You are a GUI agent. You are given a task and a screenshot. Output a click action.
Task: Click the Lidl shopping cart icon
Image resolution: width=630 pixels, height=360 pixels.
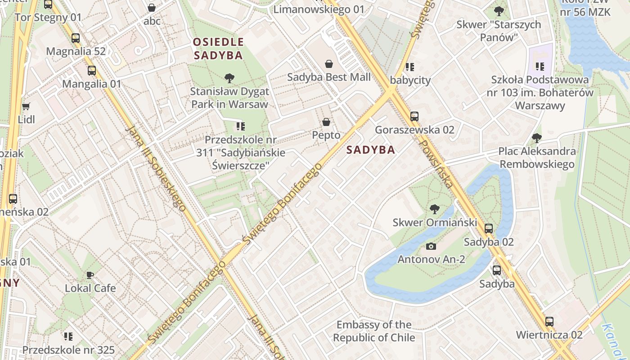click(x=26, y=107)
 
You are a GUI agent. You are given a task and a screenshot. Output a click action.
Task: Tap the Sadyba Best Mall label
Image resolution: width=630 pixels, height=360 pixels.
click(x=329, y=77)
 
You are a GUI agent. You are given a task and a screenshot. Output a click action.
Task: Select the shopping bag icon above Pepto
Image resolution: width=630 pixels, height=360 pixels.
click(x=326, y=122)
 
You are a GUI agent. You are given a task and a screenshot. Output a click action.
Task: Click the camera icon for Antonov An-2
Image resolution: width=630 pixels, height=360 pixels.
click(x=431, y=246)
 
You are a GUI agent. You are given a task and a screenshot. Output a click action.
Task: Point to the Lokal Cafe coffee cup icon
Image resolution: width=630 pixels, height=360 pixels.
click(x=90, y=275)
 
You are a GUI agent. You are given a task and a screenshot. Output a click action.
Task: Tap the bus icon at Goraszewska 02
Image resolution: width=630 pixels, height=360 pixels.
click(x=414, y=117)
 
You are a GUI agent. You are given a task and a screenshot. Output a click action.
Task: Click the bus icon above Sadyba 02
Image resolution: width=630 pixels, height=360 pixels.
click(x=489, y=229)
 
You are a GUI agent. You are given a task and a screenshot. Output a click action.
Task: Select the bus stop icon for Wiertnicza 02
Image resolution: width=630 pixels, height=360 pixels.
click(x=549, y=322)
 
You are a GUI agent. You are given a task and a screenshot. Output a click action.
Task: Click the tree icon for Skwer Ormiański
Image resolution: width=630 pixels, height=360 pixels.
click(x=434, y=209)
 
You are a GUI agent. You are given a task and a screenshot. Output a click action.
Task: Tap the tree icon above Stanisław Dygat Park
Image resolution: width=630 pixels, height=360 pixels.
click(x=229, y=78)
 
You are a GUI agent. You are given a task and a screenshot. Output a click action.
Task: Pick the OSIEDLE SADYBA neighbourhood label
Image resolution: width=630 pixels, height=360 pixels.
click(x=218, y=49)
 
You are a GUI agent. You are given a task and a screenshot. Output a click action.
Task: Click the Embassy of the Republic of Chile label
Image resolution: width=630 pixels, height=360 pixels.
click(x=374, y=331)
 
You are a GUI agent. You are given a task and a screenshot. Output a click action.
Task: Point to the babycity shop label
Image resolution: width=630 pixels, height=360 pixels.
click(x=410, y=80)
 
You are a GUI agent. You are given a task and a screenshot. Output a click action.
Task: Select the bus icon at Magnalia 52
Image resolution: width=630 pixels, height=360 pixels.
click(x=76, y=38)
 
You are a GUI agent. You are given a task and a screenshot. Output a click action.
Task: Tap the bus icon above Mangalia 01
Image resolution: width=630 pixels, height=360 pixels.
click(x=92, y=71)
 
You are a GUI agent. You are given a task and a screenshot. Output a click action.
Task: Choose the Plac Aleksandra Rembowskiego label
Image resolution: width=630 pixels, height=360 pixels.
click(x=537, y=157)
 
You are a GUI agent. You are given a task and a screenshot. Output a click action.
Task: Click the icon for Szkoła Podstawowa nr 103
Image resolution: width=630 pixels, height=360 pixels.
click(x=540, y=67)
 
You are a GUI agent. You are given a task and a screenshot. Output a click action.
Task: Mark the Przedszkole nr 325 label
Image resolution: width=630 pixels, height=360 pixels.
click(x=68, y=350)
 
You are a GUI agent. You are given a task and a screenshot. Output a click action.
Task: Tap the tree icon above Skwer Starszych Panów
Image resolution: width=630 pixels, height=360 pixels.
click(x=499, y=11)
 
